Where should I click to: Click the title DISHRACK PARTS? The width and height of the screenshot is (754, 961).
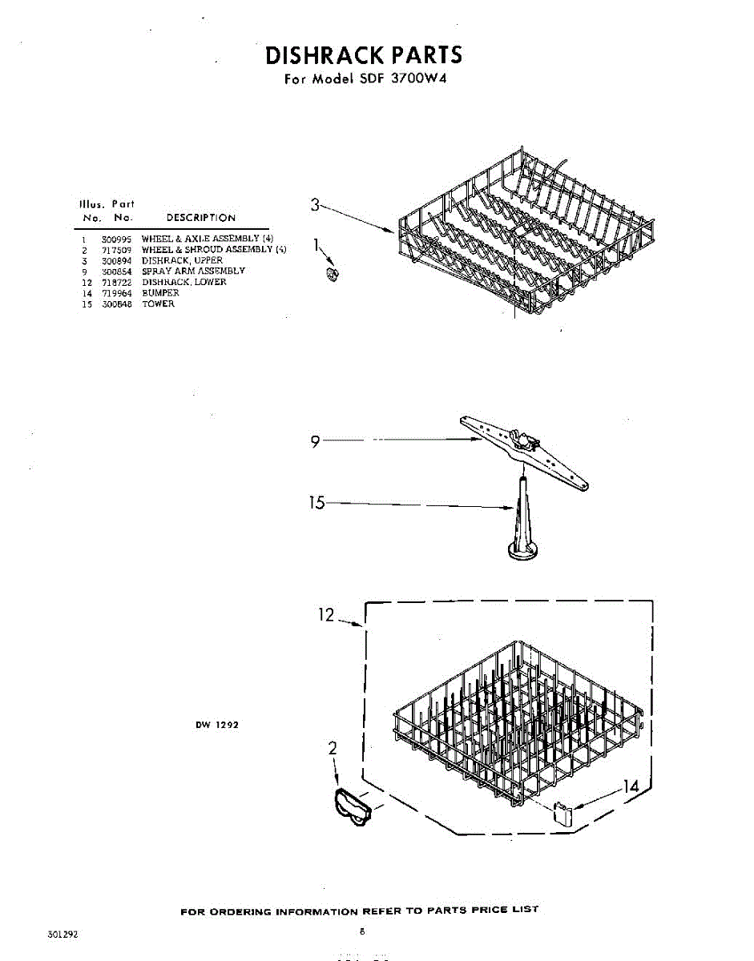363,55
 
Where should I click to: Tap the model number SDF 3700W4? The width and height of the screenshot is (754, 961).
392,79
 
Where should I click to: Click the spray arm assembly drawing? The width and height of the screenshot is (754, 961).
525,450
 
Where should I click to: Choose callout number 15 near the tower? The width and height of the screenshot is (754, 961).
317,503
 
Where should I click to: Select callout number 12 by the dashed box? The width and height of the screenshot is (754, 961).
326,616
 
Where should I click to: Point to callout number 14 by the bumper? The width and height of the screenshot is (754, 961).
631,787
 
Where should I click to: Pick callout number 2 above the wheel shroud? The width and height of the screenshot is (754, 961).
333,748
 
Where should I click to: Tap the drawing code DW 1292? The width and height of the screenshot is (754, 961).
216,726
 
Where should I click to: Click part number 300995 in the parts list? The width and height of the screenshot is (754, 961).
112,239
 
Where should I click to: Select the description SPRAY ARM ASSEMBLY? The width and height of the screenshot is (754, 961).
193,271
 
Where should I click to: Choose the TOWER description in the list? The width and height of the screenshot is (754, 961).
158,304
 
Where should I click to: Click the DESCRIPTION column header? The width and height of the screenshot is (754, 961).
200,218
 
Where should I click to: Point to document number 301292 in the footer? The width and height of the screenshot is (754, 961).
62,934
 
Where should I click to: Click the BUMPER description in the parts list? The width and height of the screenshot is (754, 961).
160,293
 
